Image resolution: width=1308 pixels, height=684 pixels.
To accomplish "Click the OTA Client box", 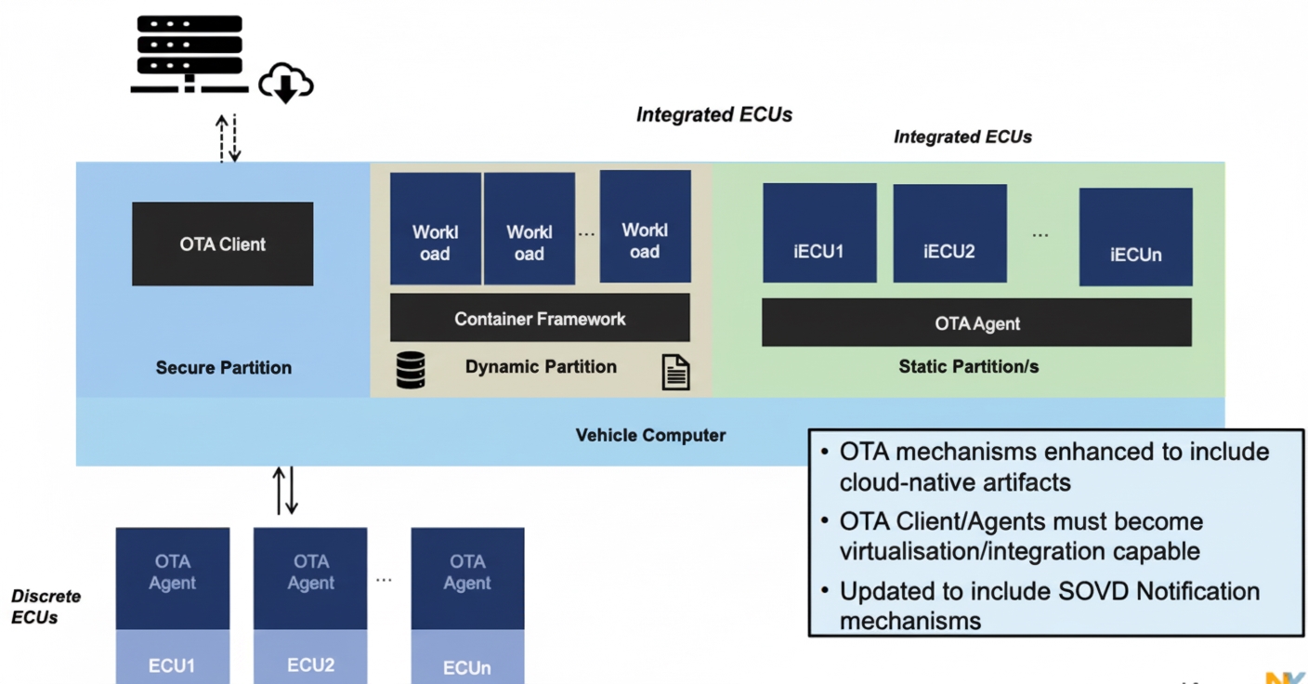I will click(222, 243).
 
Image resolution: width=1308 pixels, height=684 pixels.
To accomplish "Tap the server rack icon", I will click(190, 53).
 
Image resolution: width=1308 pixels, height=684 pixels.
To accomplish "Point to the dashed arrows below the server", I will click(228, 138).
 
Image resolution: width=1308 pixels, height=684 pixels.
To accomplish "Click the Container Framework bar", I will click(540, 318).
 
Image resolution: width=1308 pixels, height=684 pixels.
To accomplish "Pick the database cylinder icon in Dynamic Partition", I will click(410, 369).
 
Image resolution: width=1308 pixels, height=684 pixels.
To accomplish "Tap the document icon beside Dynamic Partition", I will click(675, 371).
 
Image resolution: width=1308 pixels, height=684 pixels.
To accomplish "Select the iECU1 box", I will click(818, 232).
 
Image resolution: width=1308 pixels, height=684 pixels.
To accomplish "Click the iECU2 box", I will click(949, 232).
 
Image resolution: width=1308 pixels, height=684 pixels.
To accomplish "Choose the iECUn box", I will click(1135, 237).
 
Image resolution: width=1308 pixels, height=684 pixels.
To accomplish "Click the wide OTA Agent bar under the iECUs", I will click(976, 322).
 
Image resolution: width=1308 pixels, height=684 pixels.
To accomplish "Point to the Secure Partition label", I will click(224, 367).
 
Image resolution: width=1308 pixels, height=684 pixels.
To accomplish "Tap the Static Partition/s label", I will click(968, 366).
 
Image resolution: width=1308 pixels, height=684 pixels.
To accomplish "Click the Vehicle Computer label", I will click(650, 434).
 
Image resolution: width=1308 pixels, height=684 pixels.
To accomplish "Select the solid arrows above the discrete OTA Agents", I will click(285, 491).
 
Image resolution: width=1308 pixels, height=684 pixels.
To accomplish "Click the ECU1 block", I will click(172, 664).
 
